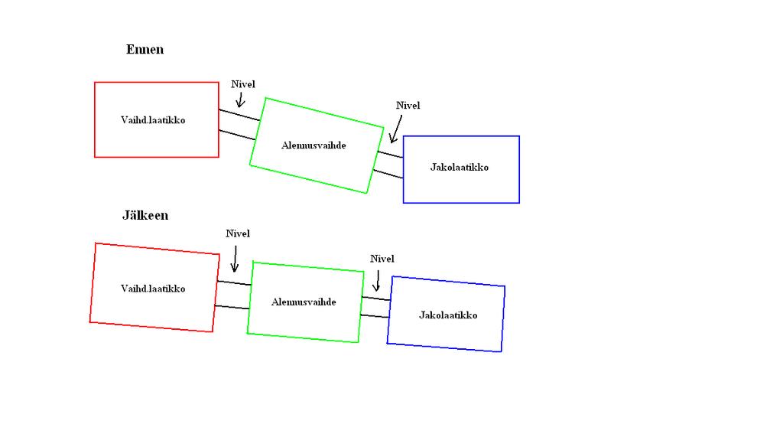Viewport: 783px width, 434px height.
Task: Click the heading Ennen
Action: [x=145, y=50]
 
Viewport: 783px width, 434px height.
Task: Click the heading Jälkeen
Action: [x=145, y=216]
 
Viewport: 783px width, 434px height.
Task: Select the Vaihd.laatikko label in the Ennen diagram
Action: [x=153, y=120]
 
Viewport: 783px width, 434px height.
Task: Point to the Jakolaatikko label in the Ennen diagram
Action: [x=459, y=168]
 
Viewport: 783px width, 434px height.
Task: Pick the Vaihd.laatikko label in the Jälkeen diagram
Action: [x=153, y=289]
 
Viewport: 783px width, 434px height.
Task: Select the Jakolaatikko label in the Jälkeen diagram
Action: [x=448, y=315]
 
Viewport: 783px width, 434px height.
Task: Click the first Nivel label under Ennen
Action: [x=243, y=84]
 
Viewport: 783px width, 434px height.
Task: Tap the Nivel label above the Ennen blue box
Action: [x=408, y=106]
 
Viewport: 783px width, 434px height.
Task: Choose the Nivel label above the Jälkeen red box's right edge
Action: [x=238, y=233]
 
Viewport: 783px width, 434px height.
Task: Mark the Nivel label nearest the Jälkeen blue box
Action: [x=382, y=259]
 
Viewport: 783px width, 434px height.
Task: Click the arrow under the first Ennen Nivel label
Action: [x=240, y=100]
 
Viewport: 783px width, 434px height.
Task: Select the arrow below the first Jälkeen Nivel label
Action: [x=235, y=259]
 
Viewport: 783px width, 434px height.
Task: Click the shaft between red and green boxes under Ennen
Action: [x=236, y=125]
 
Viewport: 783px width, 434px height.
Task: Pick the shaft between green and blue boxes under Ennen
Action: [x=389, y=165]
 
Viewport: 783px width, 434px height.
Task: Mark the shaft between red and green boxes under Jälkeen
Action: [x=233, y=295]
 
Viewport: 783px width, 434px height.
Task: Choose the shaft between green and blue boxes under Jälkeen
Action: [x=376, y=306]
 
